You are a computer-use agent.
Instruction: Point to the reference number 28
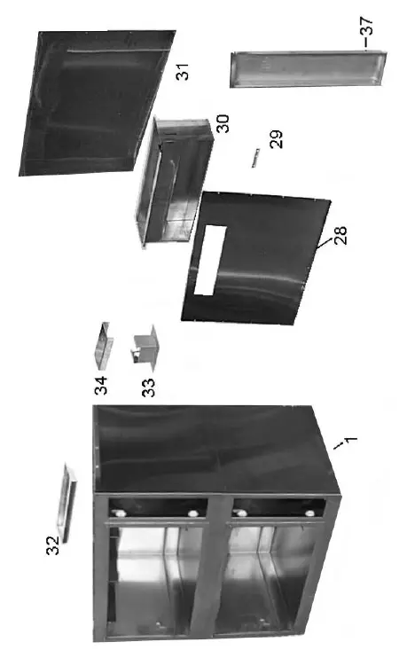pyautogui.click(x=340, y=235)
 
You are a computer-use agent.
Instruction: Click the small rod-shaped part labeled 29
pyautogui.click(x=254, y=157)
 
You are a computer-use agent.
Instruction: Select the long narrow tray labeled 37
pyautogui.click(x=309, y=68)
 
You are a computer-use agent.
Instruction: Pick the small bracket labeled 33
pyautogui.click(x=144, y=349)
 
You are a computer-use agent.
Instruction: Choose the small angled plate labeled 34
pyautogui.click(x=103, y=345)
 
